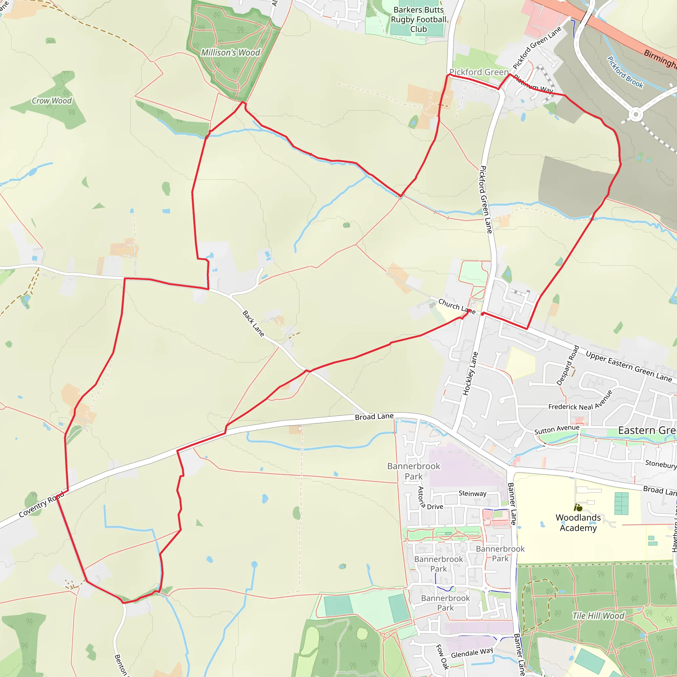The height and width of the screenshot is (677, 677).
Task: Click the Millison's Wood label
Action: pos(230,53)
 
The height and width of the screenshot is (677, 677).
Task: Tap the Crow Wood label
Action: pos(52,101)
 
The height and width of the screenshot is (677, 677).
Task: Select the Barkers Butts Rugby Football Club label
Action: pos(418,20)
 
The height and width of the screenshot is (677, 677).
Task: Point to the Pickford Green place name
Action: pos(479,72)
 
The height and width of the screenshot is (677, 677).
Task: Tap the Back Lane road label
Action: pos(253,323)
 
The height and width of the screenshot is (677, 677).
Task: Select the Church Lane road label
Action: pos(457,306)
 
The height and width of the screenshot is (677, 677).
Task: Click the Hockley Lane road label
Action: pos(470,374)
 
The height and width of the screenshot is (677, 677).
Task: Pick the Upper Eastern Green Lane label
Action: pos(629,367)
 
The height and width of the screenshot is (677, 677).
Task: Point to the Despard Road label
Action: pos(568,366)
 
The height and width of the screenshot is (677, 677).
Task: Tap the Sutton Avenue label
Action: pos(556,430)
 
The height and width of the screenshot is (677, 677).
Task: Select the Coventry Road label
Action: pos(42,504)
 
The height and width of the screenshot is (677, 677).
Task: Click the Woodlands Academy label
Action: pos(578,523)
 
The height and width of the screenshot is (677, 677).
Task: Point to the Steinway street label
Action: pos(472,494)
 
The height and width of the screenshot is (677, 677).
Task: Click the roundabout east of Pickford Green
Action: pos(636,115)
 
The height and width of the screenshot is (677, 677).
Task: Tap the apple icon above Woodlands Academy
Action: pos(578,507)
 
